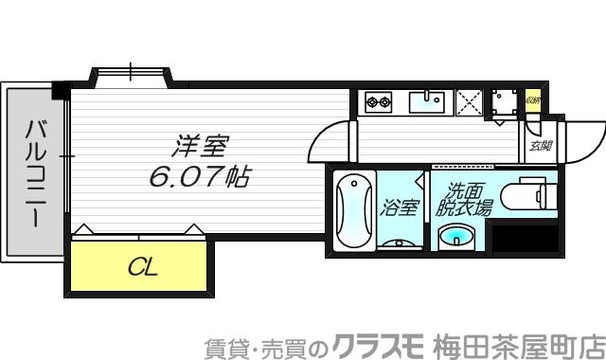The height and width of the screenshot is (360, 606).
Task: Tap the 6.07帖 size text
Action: (199, 175)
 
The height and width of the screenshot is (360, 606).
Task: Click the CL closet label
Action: (142, 267)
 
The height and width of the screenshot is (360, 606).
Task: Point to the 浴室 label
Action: (400, 207)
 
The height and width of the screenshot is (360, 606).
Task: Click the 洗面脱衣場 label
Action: (464, 201)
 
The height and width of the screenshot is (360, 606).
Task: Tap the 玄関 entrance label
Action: (541, 146)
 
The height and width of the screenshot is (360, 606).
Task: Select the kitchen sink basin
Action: (432, 99)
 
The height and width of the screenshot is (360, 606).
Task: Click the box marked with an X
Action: (468, 99)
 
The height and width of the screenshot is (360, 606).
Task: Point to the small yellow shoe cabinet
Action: (533, 99)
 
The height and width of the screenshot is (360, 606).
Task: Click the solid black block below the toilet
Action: (526, 239)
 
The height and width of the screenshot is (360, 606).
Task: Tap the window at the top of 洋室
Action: (130, 72)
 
